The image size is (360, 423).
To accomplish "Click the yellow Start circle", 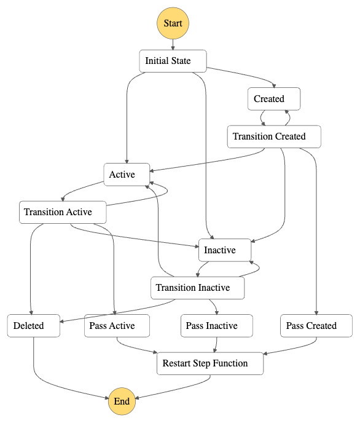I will [x=173, y=24].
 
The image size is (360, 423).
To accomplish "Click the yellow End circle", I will [x=122, y=401].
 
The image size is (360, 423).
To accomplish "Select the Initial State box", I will [x=172, y=61].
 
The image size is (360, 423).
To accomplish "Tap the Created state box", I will [x=274, y=99].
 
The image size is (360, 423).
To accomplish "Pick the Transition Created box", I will [x=274, y=136].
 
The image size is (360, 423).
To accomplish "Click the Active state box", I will [x=127, y=175].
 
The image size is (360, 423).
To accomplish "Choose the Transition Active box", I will [x=63, y=212].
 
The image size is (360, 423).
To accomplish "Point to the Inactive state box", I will [x=225, y=250].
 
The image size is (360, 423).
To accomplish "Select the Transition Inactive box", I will [x=198, y=288].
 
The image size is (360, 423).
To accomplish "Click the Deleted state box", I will [x=34, y=326].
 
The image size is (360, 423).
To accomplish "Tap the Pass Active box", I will [x=117, y=326].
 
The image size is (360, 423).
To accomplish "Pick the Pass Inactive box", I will [x=216, y=326].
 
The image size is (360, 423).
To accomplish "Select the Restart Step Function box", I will [x=210, y=363].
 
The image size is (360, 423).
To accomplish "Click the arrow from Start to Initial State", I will [x=173, y=44].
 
